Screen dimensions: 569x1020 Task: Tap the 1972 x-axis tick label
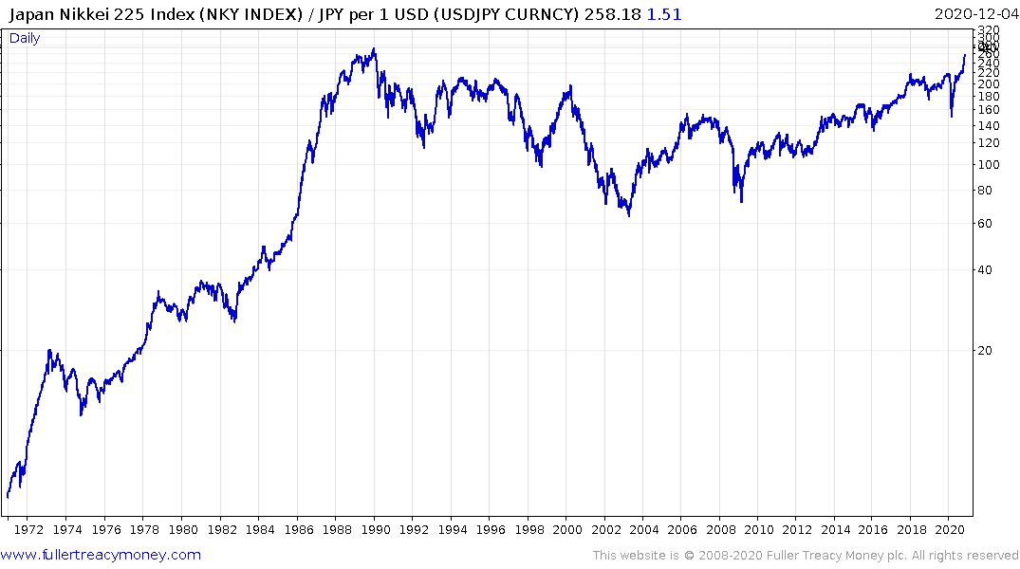click(x=28, y=530)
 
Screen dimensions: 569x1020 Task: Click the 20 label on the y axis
click(x=984, y=351)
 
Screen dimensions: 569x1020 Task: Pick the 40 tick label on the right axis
click(x=984, y=270)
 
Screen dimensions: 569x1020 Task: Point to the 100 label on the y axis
click(x=988, y=165)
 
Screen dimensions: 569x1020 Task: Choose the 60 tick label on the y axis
click(x=984, y=224)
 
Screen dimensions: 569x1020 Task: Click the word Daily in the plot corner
click(x=25, y=38)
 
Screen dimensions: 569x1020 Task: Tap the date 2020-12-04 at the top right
click(x=974, y=14)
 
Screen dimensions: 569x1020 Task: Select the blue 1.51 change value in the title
click(x=664, y=14)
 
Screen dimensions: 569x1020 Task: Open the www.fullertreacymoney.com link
click(x=101, y=555)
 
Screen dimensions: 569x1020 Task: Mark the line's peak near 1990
click(x=374, y=49)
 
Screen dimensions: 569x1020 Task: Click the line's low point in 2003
click(x=628, y=214)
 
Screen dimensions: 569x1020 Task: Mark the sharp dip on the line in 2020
click(x=952, y=117)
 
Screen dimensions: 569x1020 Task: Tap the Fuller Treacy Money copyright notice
click(x=806, y=556)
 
